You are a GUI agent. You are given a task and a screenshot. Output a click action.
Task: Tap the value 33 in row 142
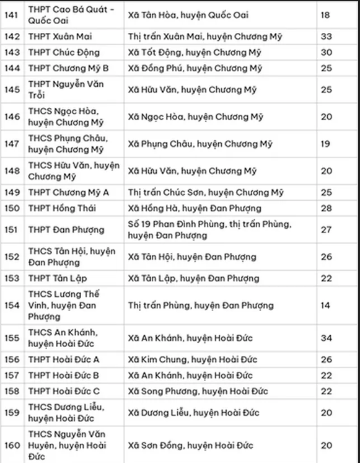tap(326, 37)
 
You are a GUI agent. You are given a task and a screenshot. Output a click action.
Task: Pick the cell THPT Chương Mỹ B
tap(68, 68)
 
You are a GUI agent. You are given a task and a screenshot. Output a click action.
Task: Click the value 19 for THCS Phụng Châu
tap(326, 144)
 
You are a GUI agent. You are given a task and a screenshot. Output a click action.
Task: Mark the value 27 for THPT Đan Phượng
tap(326, 230)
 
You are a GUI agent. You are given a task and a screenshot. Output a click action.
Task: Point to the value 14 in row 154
tap(326, 305)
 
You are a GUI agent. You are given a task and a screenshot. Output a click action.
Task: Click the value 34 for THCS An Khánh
tap(326, 338)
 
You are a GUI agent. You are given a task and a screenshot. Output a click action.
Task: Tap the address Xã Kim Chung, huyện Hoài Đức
tap(188, 359)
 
